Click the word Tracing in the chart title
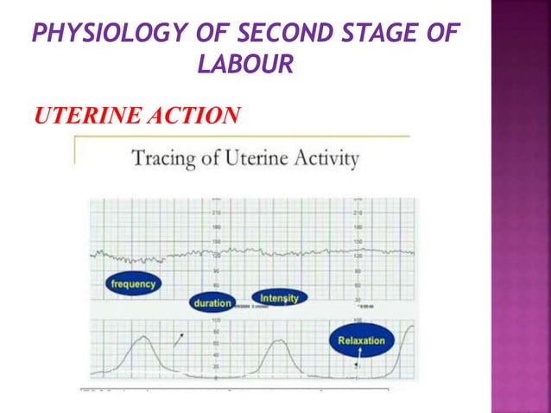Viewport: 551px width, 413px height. [x=159, y=160]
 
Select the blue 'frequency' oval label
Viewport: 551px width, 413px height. [x=134, y=283]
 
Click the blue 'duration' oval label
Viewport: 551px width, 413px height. [x=212, y=303]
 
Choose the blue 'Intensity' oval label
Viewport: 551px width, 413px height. [x=279, y=298]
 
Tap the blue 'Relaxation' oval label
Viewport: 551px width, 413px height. [x=361, y=340]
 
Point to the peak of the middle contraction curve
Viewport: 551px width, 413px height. [x=276, y=341]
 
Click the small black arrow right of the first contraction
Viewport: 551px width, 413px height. [x=178, y=340]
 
